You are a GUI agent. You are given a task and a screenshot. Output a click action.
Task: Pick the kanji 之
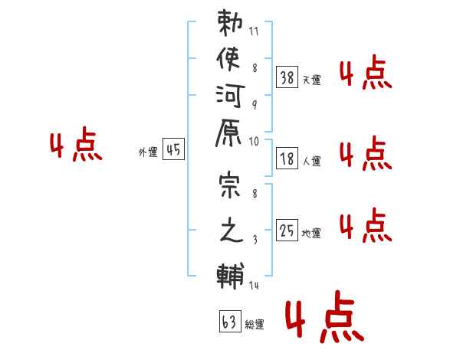[x=231, y=233]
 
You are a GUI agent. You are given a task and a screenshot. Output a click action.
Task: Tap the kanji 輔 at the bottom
[x=231, y=274]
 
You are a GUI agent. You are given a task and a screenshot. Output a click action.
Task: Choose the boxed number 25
[x=287, y=229]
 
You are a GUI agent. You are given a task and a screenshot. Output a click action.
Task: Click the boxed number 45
[x=174, y=149]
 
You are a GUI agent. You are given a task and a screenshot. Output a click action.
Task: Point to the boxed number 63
[x=229, y=322]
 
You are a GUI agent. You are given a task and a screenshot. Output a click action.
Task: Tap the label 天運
[x=312, y=80]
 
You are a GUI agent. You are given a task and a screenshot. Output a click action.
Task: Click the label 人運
[x=312, y=162]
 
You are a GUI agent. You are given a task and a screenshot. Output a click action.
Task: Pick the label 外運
[x=148, y=152]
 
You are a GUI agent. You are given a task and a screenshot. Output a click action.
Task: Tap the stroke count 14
[x=254, y=286]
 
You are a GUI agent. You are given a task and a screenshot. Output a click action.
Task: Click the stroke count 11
[x=255, y=33]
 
